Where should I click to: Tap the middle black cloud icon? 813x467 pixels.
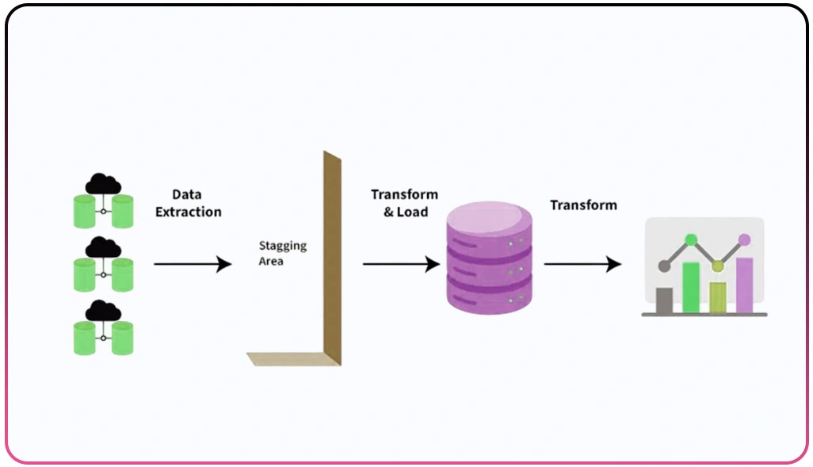click(103, 248)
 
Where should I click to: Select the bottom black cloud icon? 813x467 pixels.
click(103, 311)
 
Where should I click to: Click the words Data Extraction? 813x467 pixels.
click(188, 203)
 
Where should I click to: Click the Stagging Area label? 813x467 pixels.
click(282, 253)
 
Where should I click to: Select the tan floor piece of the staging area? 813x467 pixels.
click(289, 359)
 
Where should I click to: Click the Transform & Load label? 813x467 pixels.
click(404, 203)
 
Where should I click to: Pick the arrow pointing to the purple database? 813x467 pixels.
click(400, 264)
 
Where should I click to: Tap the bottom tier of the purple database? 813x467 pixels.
click(488, 298)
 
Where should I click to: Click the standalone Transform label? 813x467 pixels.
click(583, 205)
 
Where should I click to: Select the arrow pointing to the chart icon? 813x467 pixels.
click(582, 264)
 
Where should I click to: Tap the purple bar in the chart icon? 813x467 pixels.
click(744, 285)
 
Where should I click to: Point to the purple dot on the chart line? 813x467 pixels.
click(744, 239)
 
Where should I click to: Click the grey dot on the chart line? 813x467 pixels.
click(664, 266)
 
